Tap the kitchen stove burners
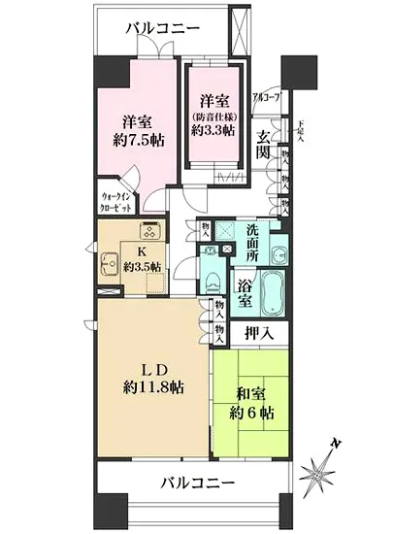pos(151,232)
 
